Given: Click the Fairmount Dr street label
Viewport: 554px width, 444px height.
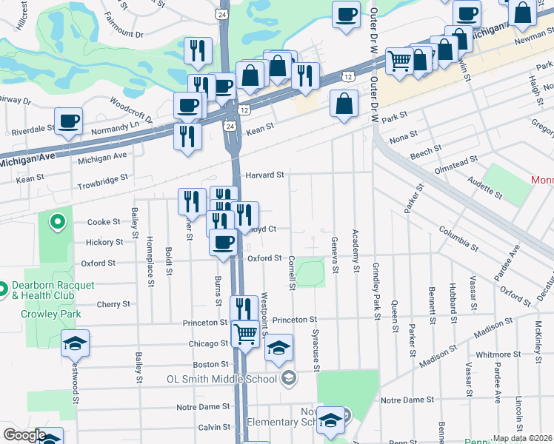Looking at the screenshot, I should [x=123, y=34].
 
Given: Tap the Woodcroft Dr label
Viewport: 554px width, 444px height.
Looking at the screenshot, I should [x=130, y=108].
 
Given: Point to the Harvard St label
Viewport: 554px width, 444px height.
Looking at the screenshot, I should [x=266, y=175].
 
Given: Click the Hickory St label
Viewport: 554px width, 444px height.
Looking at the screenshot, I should [x=104, y=242].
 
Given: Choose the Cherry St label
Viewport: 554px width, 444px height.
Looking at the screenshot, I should [x=113, y=304].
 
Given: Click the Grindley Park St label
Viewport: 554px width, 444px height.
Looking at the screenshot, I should [x=376, y=291].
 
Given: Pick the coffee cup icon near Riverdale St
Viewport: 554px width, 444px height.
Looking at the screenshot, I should [x=68, y=121].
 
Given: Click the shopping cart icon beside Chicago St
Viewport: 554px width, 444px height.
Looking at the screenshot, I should [x=245, y=333].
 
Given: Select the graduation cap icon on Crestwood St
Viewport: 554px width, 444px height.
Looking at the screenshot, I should [x=75, y=343].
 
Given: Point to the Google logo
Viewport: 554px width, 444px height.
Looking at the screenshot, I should [x=24, y=435].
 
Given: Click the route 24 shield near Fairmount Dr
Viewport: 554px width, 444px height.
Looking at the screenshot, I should [x=222, y=14].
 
